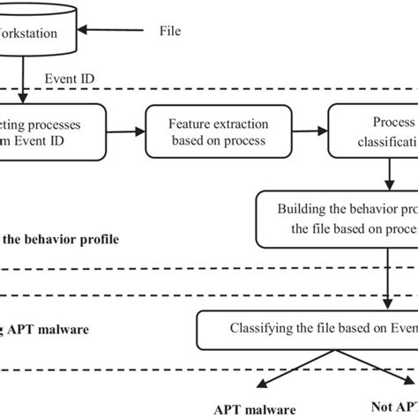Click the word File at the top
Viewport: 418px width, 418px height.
[x=169, y=31]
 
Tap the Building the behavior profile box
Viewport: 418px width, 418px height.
[x=336, y=220]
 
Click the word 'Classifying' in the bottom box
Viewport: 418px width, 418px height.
[x=265, y=329]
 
